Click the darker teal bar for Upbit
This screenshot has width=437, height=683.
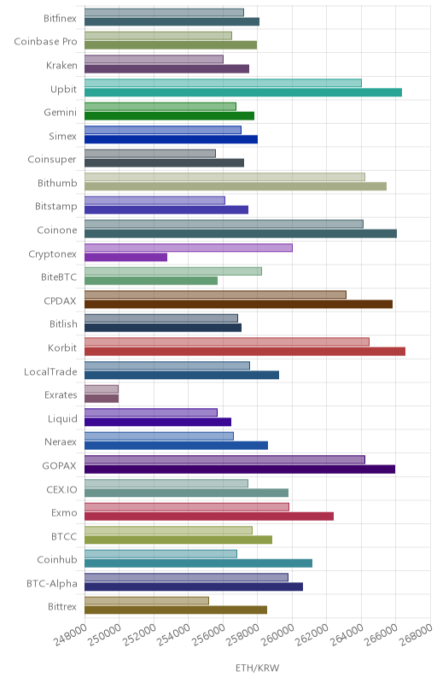tap(243, 92)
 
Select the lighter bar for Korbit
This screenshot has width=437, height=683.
tap(227, 342)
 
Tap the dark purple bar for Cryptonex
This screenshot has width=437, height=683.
tap(125, 257)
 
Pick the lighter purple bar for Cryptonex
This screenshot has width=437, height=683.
tap(189, 248)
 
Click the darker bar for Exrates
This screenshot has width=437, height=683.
tap(102, 399)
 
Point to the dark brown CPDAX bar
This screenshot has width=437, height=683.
tap(238, 304)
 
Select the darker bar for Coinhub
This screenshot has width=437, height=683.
tap(199, 563)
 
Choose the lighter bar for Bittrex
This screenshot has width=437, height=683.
tap(147, 601)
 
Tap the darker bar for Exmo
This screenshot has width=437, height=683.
tap(209, 517)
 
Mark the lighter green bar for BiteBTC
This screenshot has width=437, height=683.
tap(173, 271)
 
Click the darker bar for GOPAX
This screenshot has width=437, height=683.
tap(240, 469)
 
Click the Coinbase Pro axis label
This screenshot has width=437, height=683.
tap(46, 41)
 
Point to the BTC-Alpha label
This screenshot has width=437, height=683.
tap(52, 583)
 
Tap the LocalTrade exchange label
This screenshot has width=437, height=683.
tap(50, 371)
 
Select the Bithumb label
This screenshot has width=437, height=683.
tap(57, 183)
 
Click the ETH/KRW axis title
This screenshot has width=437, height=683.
tap(257, 668)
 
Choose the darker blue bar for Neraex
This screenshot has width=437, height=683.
tap(177, 446)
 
